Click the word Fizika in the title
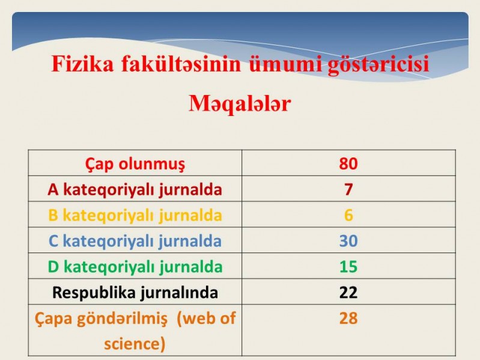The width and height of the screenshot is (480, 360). [82, 64]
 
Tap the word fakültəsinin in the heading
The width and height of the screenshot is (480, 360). [181, 64]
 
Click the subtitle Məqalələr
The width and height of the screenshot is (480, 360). [239, 103]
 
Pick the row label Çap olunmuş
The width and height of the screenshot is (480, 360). [135, 164]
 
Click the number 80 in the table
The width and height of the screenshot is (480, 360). [348, 163]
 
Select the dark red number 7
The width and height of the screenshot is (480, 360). [348, 189]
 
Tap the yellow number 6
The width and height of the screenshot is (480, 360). [348, 215]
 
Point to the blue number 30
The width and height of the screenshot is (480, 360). [348, 240]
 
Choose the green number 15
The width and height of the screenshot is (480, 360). [348, 266]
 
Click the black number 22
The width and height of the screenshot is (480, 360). [348, 292]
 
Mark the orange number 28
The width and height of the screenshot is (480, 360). [348, 318]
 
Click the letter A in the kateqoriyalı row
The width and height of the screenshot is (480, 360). [53, 189]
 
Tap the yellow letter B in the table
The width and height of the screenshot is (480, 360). [53, 215]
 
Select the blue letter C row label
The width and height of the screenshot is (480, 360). [53, 241]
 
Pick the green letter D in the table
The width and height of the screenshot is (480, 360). [53, 267]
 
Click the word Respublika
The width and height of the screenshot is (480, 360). [94, 293]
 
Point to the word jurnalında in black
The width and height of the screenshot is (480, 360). [179, 293]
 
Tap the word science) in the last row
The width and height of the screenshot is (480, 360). [135, 344]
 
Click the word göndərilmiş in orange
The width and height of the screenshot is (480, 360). [122, 319]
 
